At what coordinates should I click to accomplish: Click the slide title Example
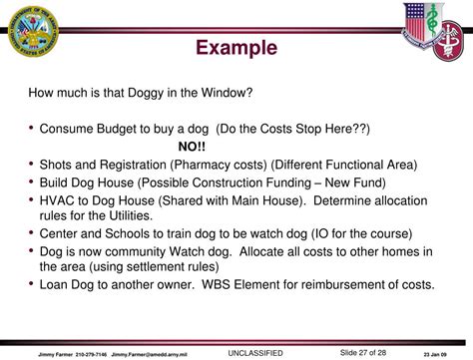pyautogui.click(x=236, y=48)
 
